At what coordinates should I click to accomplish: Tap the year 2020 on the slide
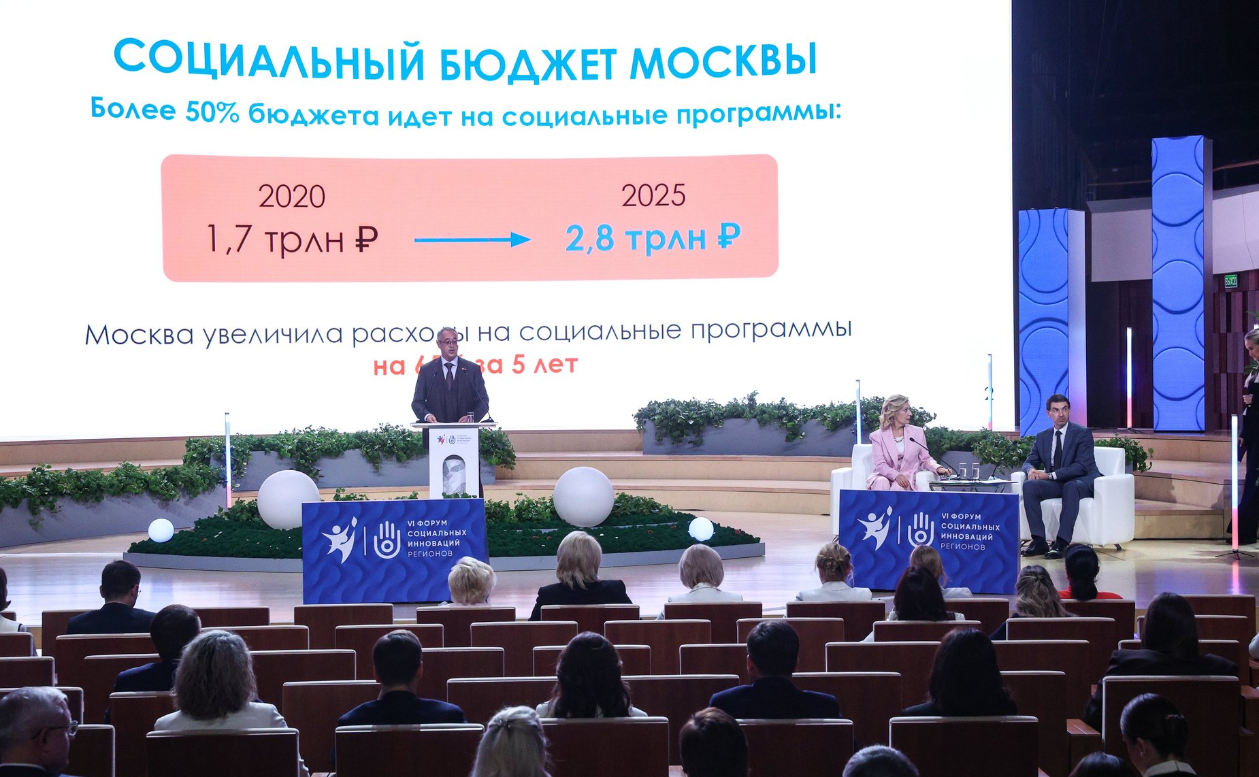point(291,197)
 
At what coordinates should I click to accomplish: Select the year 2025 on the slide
point(653,196)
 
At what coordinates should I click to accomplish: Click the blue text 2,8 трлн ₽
point(652,238)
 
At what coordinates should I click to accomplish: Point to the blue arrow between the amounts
point(472,239)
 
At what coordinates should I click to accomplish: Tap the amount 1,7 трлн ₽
point(291,239)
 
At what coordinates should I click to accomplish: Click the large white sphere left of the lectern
point(288,499)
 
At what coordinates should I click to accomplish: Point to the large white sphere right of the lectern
point(583,496)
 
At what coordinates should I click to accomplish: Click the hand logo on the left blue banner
point(386,540)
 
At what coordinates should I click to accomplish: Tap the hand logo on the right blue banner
point(921,530)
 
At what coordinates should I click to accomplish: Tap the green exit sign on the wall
point(1230,280)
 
